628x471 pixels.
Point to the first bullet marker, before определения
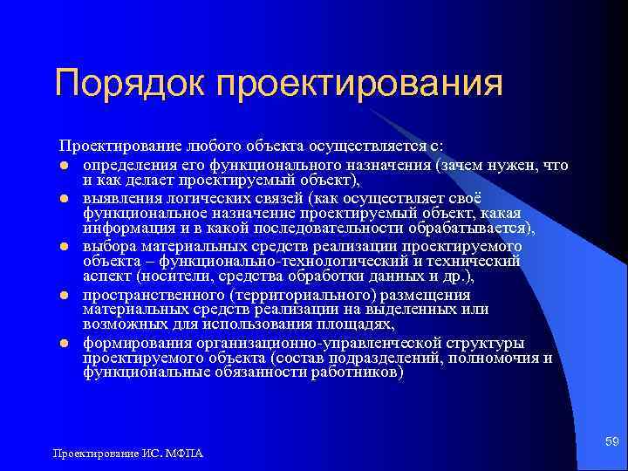click(x=65, y=166)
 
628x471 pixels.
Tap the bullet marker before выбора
click(x=65, y=247)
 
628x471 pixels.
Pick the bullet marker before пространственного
click(x=65, y=295)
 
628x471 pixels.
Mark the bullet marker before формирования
click(x=65, y=343)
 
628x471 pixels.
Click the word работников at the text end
click(x=357, y=372)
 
